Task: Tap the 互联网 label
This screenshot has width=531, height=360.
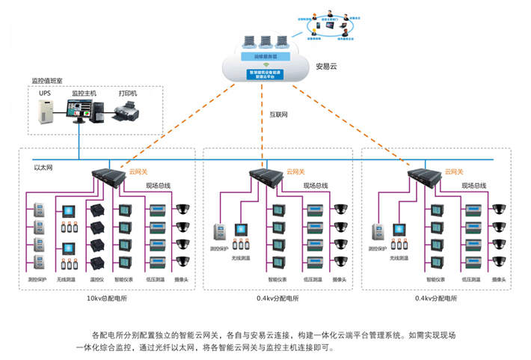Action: coord(279,115)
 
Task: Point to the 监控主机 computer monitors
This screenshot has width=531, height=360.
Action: coord(84,112)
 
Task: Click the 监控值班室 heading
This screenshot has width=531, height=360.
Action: coord(46,81)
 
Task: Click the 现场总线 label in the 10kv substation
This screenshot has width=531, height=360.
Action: coord(159,184)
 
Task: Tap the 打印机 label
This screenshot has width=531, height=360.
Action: coord(128,94)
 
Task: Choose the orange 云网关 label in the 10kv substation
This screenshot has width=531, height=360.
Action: coord(138,171)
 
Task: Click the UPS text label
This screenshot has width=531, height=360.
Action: coord(45,94)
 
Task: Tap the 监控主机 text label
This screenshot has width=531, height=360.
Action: coord(84,94)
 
